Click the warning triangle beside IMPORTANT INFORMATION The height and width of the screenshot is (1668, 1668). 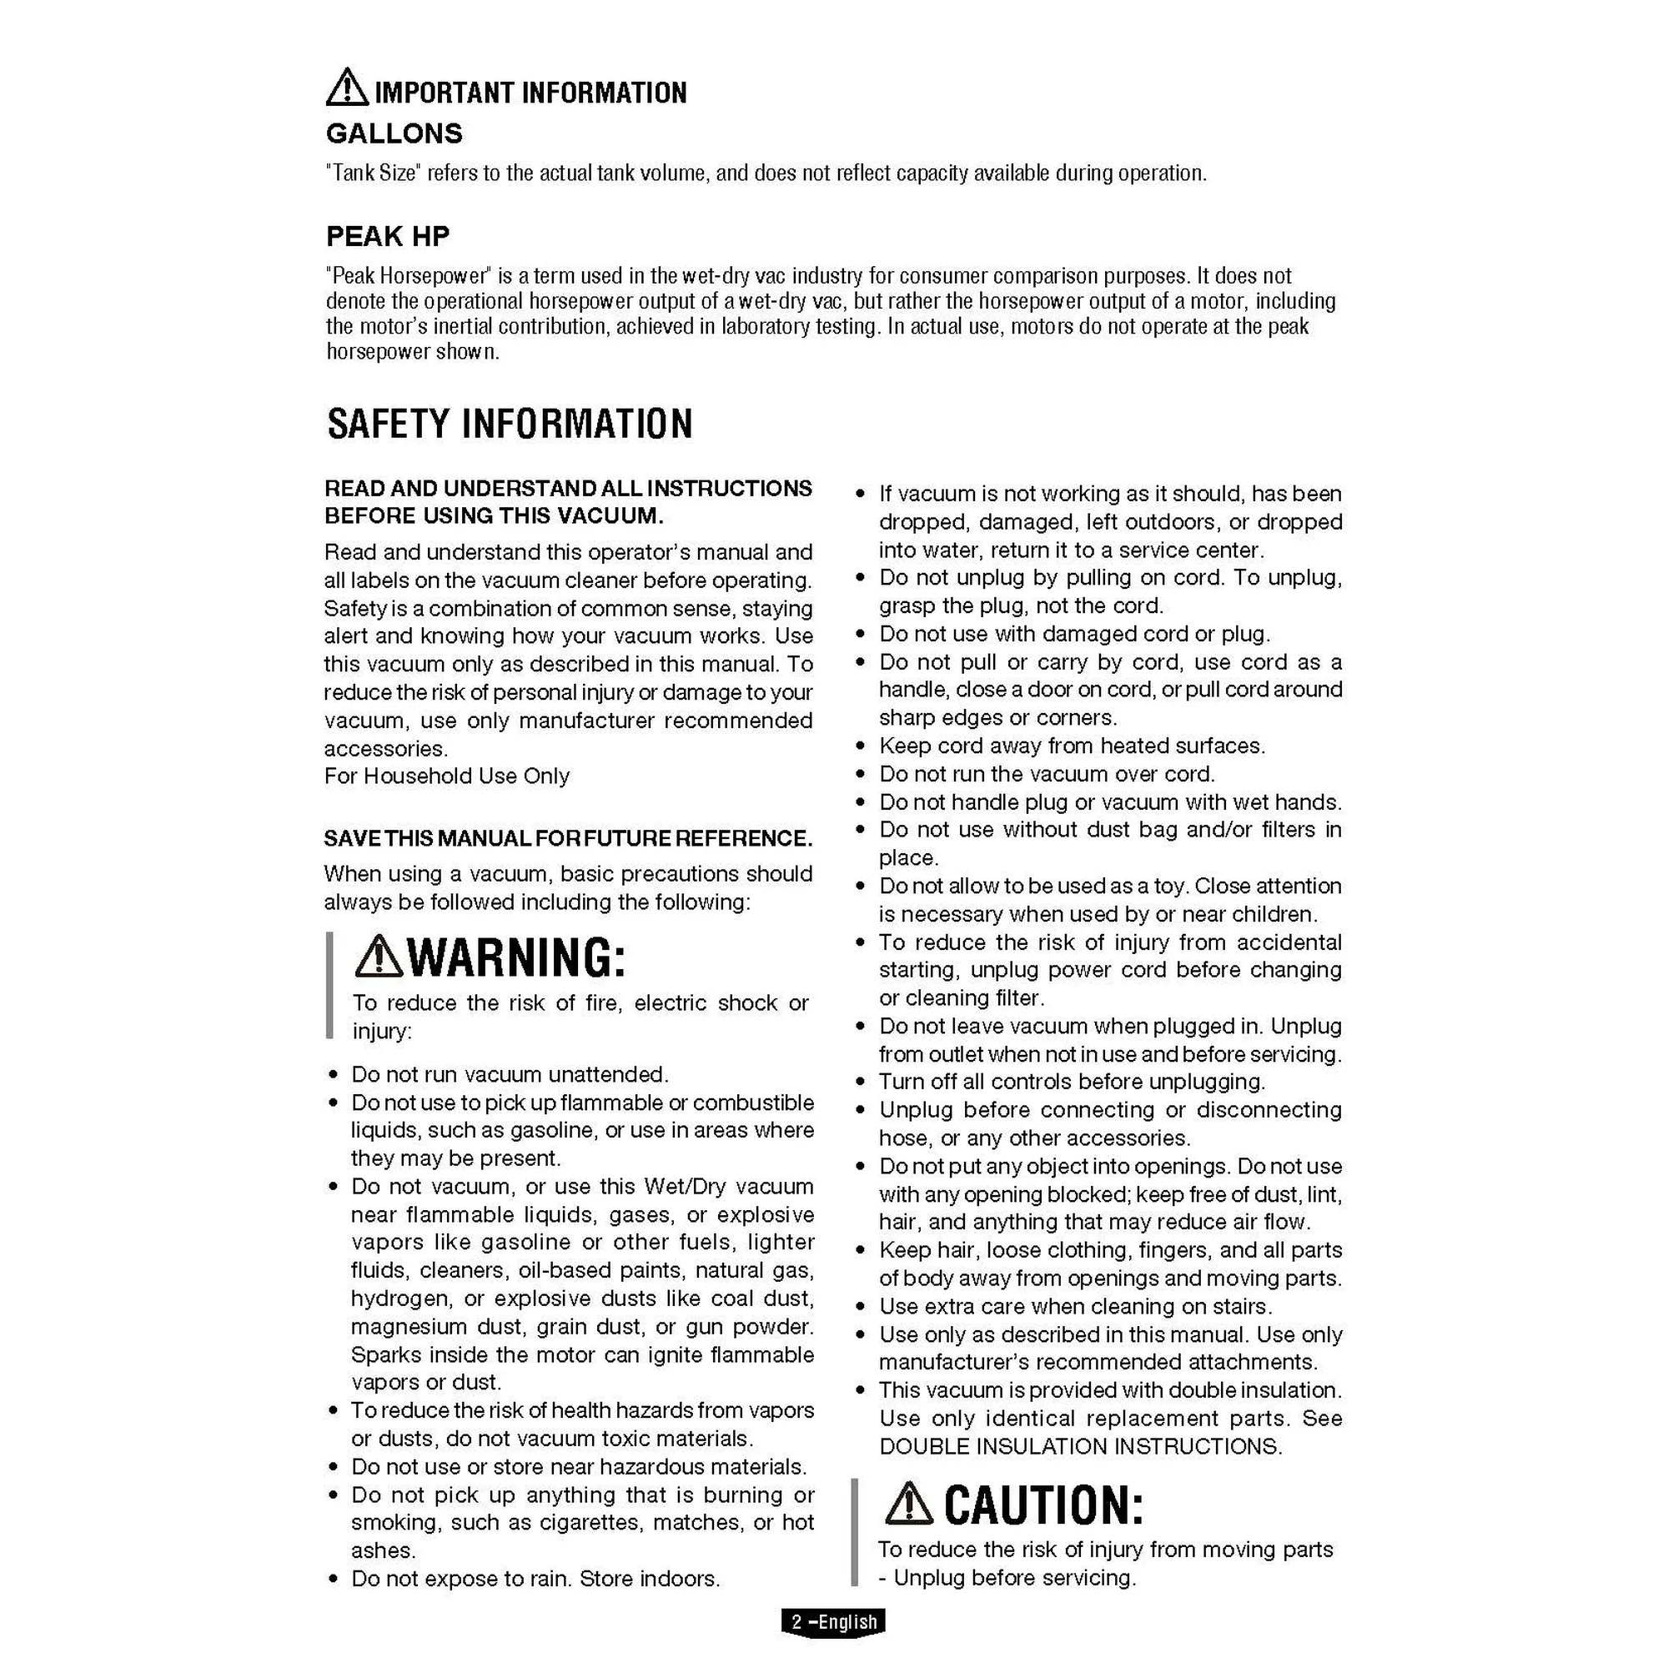[347, 88]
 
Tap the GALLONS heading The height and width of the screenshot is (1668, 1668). [394, 133]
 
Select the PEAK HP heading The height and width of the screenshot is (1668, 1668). [388, 236]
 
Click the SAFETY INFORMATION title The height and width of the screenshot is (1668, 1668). [510, 424]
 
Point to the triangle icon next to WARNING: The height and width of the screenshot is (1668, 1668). [378, 957]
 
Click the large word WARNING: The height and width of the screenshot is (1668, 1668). [515, 958]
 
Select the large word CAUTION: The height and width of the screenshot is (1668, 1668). [1043, 1505]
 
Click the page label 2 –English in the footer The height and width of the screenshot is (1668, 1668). [834, 1621]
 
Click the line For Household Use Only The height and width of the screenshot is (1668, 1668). [446, 776]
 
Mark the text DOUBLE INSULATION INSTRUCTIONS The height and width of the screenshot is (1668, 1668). [1080, 1446]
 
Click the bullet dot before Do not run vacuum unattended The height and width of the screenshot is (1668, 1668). [334, 1076]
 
